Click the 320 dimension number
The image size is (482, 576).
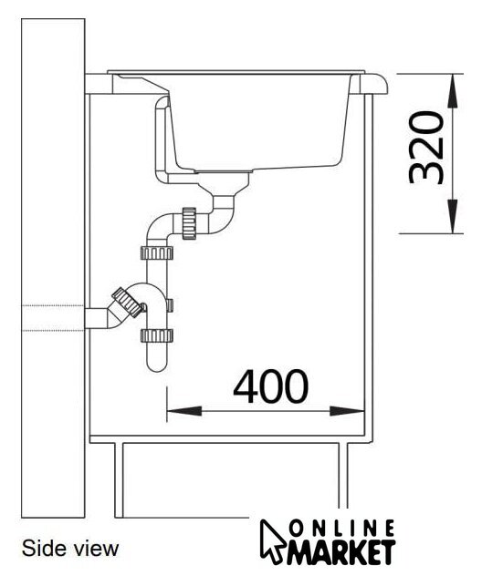coord(427,148)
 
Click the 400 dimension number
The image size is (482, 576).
coord(271,386)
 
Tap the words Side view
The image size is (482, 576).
coord(70,549)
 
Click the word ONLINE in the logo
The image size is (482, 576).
coord(342,530)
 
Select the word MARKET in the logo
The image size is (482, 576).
coord(341,552)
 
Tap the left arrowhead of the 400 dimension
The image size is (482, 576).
coord(184,411)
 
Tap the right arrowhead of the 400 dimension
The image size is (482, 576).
coord(347,411)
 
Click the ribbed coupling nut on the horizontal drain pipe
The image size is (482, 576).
coord(189,223)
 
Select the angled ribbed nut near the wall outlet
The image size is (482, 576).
coord(127,303)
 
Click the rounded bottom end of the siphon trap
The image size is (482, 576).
coord(157,364)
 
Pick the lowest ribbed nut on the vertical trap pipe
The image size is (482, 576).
coord(157,335)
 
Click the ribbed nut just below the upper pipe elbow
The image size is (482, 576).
coord(157,252)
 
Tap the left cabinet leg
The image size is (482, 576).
coord(119,479)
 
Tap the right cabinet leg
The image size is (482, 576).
coord(343,476)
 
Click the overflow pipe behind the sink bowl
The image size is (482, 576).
coord(162,139)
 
